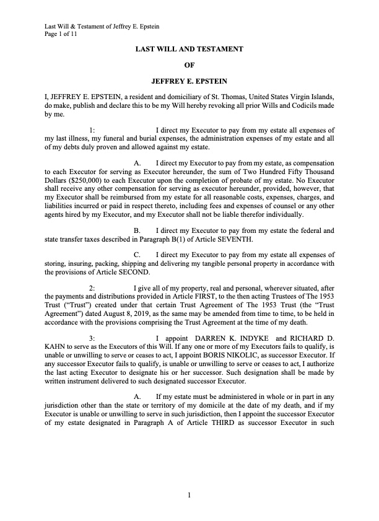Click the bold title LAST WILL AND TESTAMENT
coord(189,48)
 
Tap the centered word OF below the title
coord(189,64)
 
